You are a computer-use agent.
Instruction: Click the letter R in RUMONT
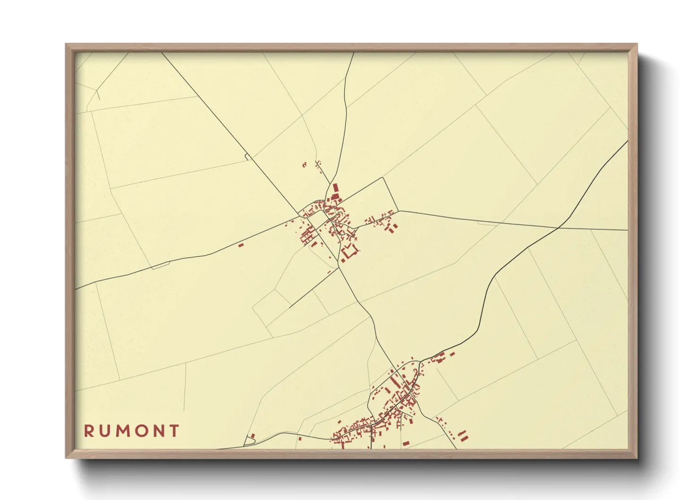point(89,431)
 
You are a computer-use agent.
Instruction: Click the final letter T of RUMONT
point(175,431)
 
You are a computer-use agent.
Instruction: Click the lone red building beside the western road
point(240,245)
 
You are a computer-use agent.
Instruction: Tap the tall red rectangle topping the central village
point(336,189)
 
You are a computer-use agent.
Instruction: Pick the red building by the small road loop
point(252,436)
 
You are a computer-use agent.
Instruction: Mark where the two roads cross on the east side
point(558,228)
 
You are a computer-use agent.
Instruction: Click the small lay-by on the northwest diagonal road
point(247,156)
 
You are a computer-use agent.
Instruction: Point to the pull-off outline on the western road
point(160,266)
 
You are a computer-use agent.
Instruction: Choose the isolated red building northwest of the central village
point(304,165)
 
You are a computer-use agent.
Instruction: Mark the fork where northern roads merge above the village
point(330,183)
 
